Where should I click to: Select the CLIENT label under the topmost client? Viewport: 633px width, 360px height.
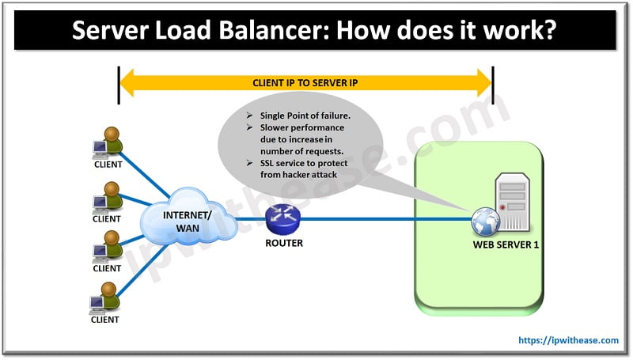coord(107,165)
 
